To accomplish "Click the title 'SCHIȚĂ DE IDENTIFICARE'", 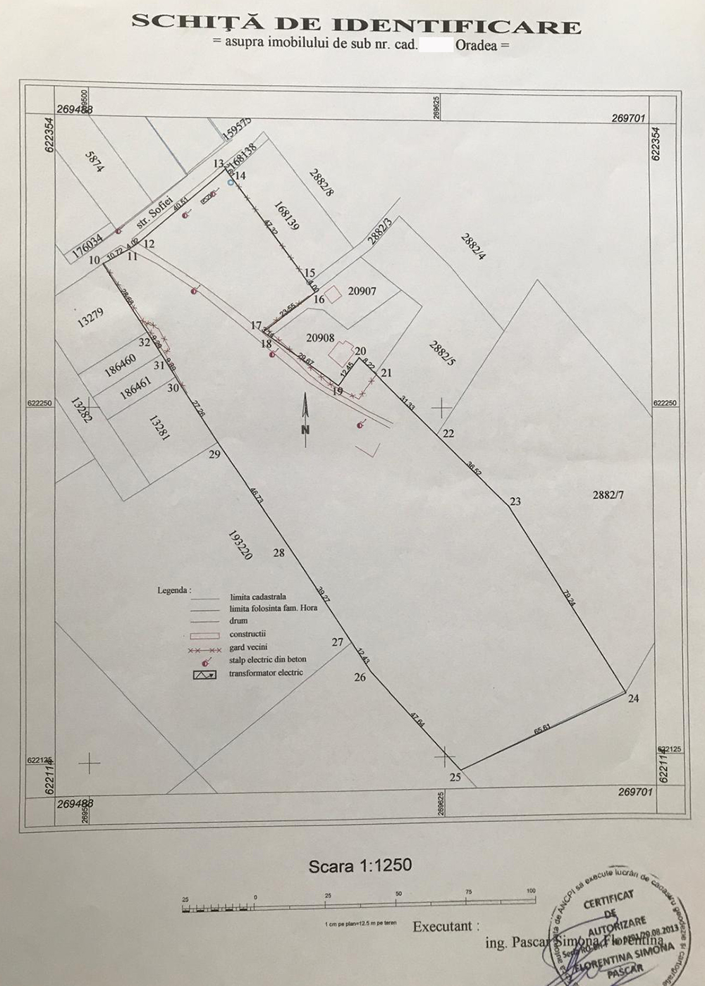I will click(x=356, y=25).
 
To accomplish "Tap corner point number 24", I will click(x=633, y=698).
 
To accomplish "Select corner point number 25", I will click(x=455, y=777).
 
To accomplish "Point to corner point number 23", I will click(x=515, y=501).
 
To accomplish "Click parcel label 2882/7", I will click(x=609, y=494).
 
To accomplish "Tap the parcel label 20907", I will click(x=362, y=290).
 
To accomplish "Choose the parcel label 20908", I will click(x=320, y=338).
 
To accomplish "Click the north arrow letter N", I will click(x=305, y=429).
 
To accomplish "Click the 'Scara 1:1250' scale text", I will click(x=360, y=865).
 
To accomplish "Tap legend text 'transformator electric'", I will click(x=266, y=673).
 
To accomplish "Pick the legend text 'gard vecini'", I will click(x=248, y=647).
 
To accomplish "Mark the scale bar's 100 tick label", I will click(x=530, y=890).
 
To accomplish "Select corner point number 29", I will click(x=215, y=454).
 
